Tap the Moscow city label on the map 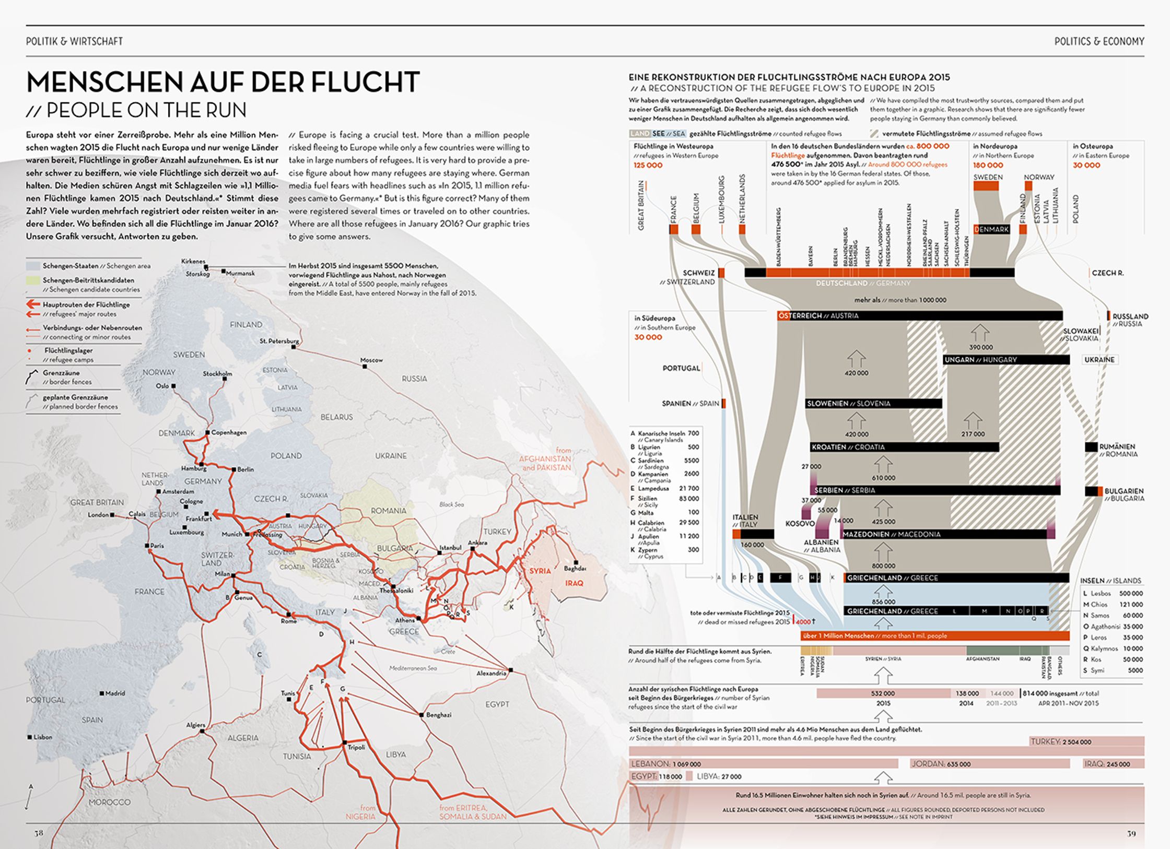click(371, 360)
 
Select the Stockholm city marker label click(217, 373)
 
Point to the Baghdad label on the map click(575, 568)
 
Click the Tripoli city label click(356, 747)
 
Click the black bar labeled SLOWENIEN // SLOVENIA click(873, 404)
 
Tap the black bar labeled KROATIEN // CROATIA click(904, 447)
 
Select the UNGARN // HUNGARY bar click(1005, 360)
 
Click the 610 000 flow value click(883, 478)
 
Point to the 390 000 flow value click(980, 347)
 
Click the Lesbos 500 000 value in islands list click(1131, 593)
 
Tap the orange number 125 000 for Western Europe click(648, 165)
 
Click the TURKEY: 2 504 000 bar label click(1060, 741)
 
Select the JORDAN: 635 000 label click(941, 764)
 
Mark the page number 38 click(39, 833)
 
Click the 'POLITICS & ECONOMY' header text click(1099, 41)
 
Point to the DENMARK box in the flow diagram click(991, 229)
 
